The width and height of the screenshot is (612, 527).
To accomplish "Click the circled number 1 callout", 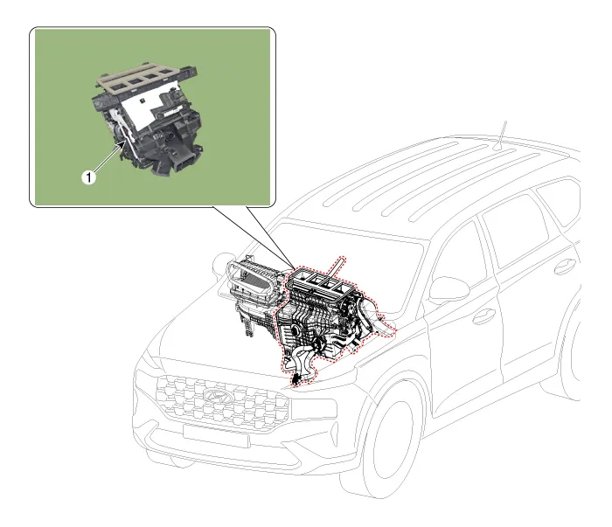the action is point(88,177).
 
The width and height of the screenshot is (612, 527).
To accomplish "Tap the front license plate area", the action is point(216,435).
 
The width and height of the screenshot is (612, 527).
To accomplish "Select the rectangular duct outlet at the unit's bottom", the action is point(186,163).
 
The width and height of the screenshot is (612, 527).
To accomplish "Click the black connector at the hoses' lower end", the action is point(296,380).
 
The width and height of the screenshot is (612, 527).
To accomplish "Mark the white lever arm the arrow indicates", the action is point(127,132).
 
